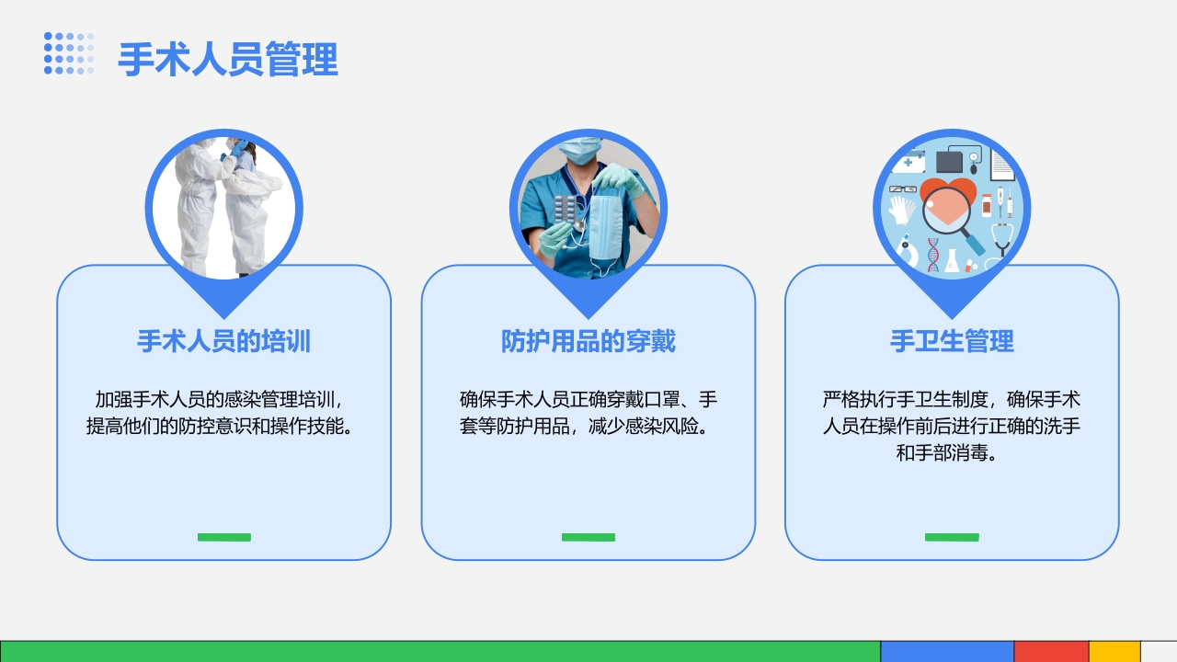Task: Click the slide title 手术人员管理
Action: point(228,60)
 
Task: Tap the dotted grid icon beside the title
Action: point(69,53)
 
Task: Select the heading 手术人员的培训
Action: point(223,342)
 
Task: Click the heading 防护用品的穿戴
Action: point(588,342)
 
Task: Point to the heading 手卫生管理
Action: point(952,342)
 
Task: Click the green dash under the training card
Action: point(224,537)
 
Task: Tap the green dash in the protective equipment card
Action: point(588,537)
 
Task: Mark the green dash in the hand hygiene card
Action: point(952,537)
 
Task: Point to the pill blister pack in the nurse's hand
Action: point(570,211)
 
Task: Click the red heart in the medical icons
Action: point(948,198)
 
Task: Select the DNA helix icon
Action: point(934,255)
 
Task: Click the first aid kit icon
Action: point(908,163)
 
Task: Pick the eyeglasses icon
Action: point(902,189)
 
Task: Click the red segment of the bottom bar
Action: point(1051,651)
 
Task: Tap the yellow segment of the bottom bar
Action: point(1114,651)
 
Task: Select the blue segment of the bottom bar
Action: point(947,651)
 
